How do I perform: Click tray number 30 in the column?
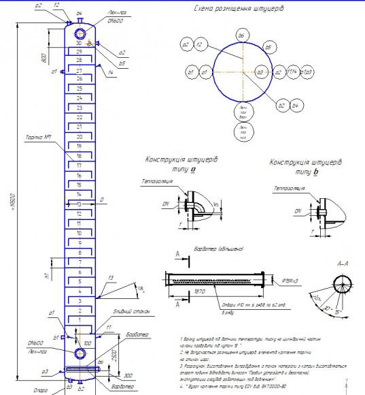pos(80,44)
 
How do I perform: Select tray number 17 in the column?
pos(80,165)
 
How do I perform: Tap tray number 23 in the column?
pos(80,108)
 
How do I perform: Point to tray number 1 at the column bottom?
pos(80,319)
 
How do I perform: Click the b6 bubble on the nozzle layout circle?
pos(241,33)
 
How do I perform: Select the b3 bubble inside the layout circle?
pos(259,71)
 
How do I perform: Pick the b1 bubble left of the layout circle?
pos(192,71)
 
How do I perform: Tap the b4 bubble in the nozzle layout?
pos(294,106)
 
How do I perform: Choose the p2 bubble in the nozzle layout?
pos(186,44)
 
